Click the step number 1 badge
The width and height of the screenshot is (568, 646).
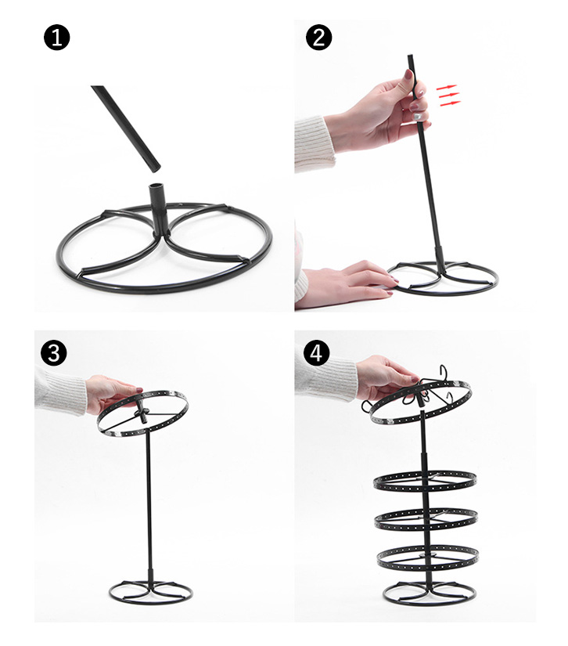pos(56,38)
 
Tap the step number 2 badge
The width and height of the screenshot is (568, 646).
pos(318,38)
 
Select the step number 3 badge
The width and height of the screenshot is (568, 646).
pos(53,353)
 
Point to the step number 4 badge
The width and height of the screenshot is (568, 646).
pos(316,353)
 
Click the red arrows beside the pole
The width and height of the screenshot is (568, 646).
pos(448,96)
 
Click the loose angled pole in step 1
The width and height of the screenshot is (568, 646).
pos(126,128)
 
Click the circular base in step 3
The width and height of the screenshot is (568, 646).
pos(151,602)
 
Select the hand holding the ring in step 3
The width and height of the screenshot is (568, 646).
pos(112,393)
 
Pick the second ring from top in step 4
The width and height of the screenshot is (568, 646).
pos(425,489)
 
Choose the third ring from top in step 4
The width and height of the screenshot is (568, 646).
pos(426,527)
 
